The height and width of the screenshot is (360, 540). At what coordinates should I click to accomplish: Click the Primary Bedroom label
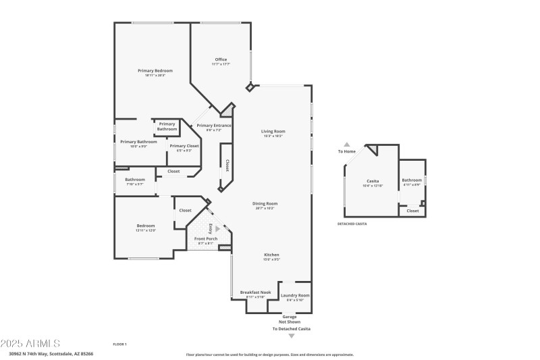click(155, 71)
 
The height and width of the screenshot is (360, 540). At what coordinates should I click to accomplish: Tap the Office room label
click(221, 59)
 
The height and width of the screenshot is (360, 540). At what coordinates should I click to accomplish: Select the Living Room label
click(273, 131)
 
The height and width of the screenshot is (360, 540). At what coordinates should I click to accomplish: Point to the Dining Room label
click(265, 203)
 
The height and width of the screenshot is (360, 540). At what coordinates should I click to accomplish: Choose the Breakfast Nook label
click(255, 292)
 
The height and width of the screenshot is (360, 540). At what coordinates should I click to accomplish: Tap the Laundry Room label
click(295, 295)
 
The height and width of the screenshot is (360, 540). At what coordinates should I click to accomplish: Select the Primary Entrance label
click(213, 126)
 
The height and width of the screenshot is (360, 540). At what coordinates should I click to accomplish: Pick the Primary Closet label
click(184, 146)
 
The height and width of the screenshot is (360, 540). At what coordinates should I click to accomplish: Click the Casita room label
click(373, 181)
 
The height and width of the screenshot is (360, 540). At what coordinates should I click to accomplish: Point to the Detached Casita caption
click(352, 224)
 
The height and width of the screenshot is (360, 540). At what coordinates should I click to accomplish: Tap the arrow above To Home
click(347, 144)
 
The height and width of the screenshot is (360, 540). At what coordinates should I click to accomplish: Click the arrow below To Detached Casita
click(292, 336)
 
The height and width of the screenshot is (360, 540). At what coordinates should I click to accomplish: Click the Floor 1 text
click(120, 344)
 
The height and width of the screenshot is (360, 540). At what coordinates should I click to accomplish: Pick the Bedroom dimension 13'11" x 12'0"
click(146, 230)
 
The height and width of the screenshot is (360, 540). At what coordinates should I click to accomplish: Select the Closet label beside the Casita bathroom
click(412, 211)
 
